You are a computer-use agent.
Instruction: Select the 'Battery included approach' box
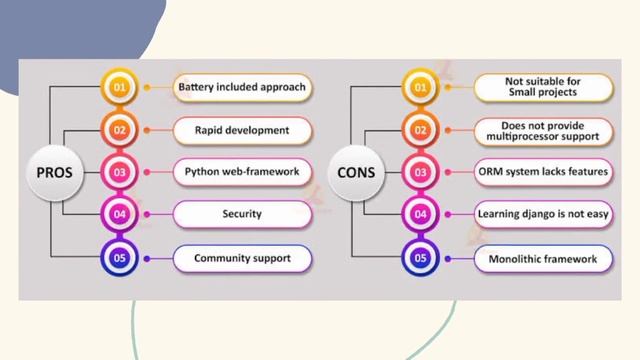tap(242, 87)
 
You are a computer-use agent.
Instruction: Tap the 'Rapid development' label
tap(242, 130)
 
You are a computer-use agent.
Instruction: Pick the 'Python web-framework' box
tap(242, 172)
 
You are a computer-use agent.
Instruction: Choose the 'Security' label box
tap(242, 214)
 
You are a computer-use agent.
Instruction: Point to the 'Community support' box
tap(242, 258)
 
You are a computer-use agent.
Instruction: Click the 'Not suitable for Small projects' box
tap(542, 87)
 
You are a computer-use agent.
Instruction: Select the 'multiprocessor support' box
tap(542, 130)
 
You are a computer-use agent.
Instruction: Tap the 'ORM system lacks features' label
tap(542, 172)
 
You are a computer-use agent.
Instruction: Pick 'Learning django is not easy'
tap(542, 214)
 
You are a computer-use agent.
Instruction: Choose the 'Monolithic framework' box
tap(542, 258)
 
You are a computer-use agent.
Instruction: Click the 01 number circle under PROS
tap(118, 87)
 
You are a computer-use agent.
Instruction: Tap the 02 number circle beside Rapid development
tap(118, 130)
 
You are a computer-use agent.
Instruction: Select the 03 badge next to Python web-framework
tap(118, 172)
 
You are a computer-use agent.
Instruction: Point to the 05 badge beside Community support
tap(118, 258)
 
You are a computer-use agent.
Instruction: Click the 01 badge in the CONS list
tap(419, 87)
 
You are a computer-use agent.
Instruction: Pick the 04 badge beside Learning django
tap(419, 214)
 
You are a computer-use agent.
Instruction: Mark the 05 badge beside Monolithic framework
tap(419, 258)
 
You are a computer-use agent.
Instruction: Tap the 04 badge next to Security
tap(118, 214)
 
